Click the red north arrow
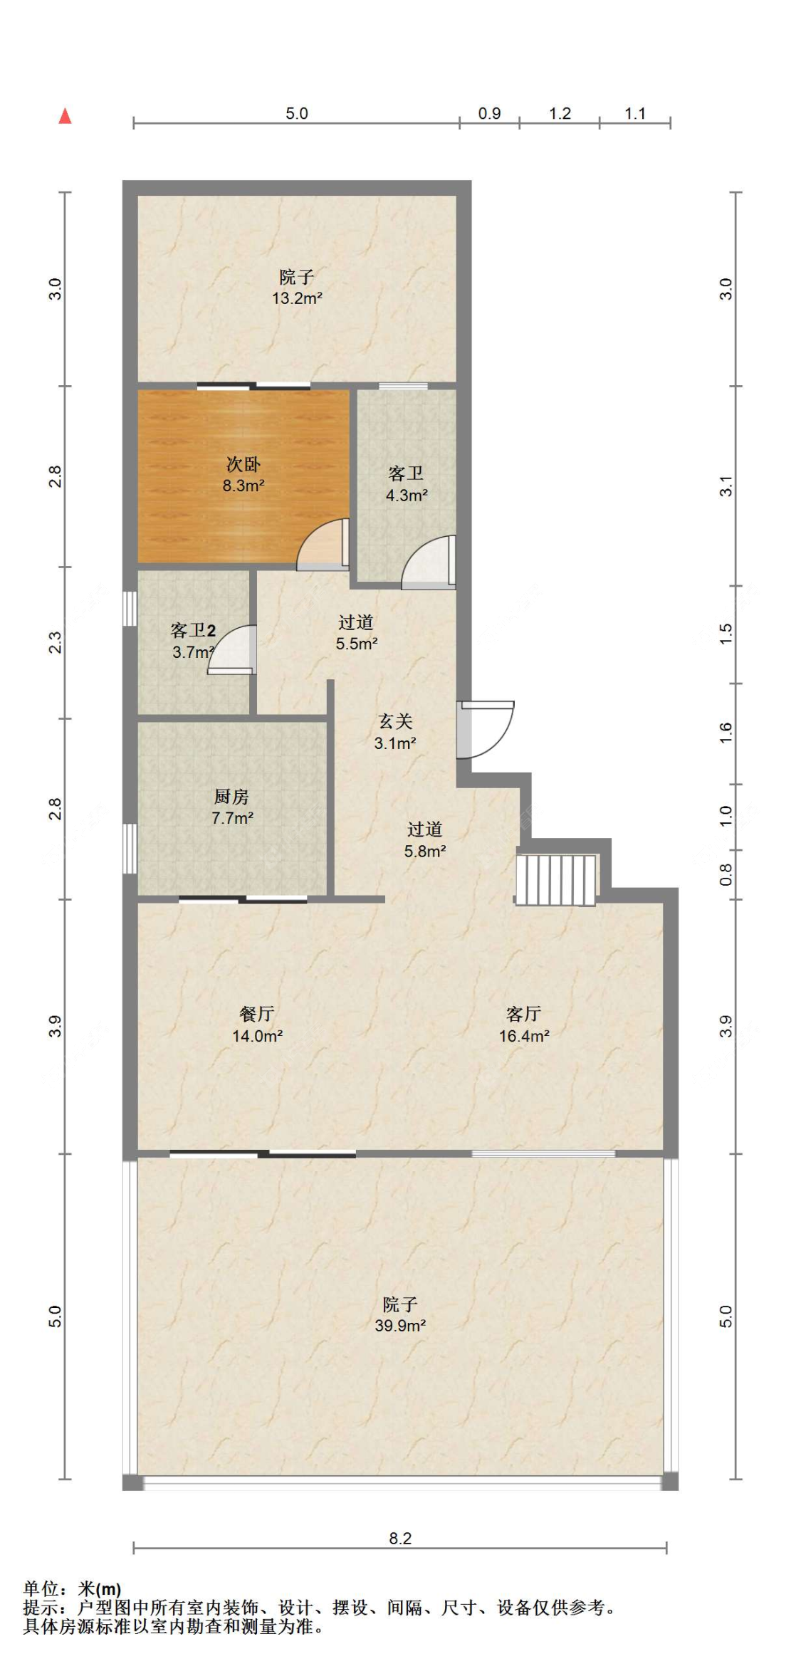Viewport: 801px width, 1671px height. (x=65, y=115)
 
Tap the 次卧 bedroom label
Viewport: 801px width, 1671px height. (x=244, y=464)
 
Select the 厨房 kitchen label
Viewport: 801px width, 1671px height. (x=231, y=797)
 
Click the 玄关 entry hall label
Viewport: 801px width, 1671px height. (x=395, y=721)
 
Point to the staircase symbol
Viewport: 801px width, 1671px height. (x=556, y=880)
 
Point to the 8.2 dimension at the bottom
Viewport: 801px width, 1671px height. (x=400, y=1539)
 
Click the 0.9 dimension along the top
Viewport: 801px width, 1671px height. (x=489, y=113)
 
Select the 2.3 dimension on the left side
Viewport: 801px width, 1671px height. (x=55, y=643)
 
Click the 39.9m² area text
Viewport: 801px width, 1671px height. (x=400, y=1326)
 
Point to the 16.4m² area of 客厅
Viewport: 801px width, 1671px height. (x=524, y=1036)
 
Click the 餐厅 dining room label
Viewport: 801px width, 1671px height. (x=257, y=1014)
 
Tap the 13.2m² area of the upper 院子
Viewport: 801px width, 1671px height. (x=297, y=298)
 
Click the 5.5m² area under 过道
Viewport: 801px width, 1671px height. (x=357, y=644)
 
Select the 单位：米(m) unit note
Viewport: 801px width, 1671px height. (x=72, y=1588)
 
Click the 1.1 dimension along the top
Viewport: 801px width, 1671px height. (x=635, y=113)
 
